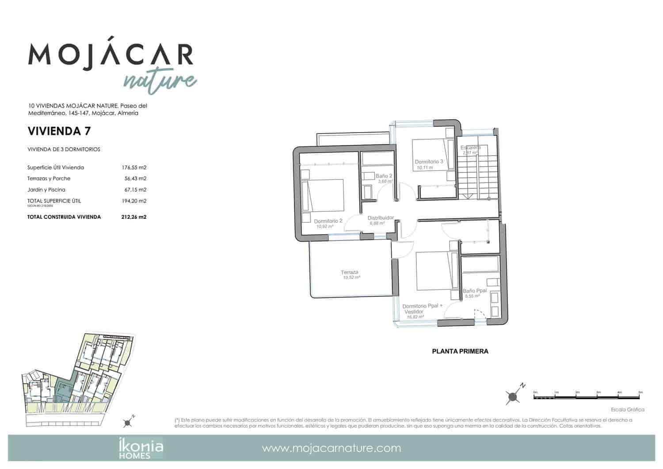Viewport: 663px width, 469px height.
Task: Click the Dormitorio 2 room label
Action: [x=328, y=221]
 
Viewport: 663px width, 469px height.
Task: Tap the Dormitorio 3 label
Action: [x=429, y=162]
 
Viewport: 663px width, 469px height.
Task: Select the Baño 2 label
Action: [x=384, y=176]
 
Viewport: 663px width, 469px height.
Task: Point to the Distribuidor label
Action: [x=381, y=218]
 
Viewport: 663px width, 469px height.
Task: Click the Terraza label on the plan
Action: [x=349, y=272]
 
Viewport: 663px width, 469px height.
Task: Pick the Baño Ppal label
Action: [x=475, y=291]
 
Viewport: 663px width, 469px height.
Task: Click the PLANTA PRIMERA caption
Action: [x=460, y=351]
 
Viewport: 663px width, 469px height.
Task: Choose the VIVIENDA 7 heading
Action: [x=59, y=131]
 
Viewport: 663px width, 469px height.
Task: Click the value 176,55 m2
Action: [x=134, y=168]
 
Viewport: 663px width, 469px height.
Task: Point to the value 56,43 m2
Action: [x=135, y=179]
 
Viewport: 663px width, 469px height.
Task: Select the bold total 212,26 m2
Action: [x=133, y=217]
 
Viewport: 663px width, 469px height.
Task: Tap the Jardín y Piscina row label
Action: [x=46, y=190]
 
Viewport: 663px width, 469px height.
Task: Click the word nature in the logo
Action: [x=159, y=80]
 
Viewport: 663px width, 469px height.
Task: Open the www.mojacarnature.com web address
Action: [x=331, y=448]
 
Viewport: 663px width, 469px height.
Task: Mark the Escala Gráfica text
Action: [x=627, y=410]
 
